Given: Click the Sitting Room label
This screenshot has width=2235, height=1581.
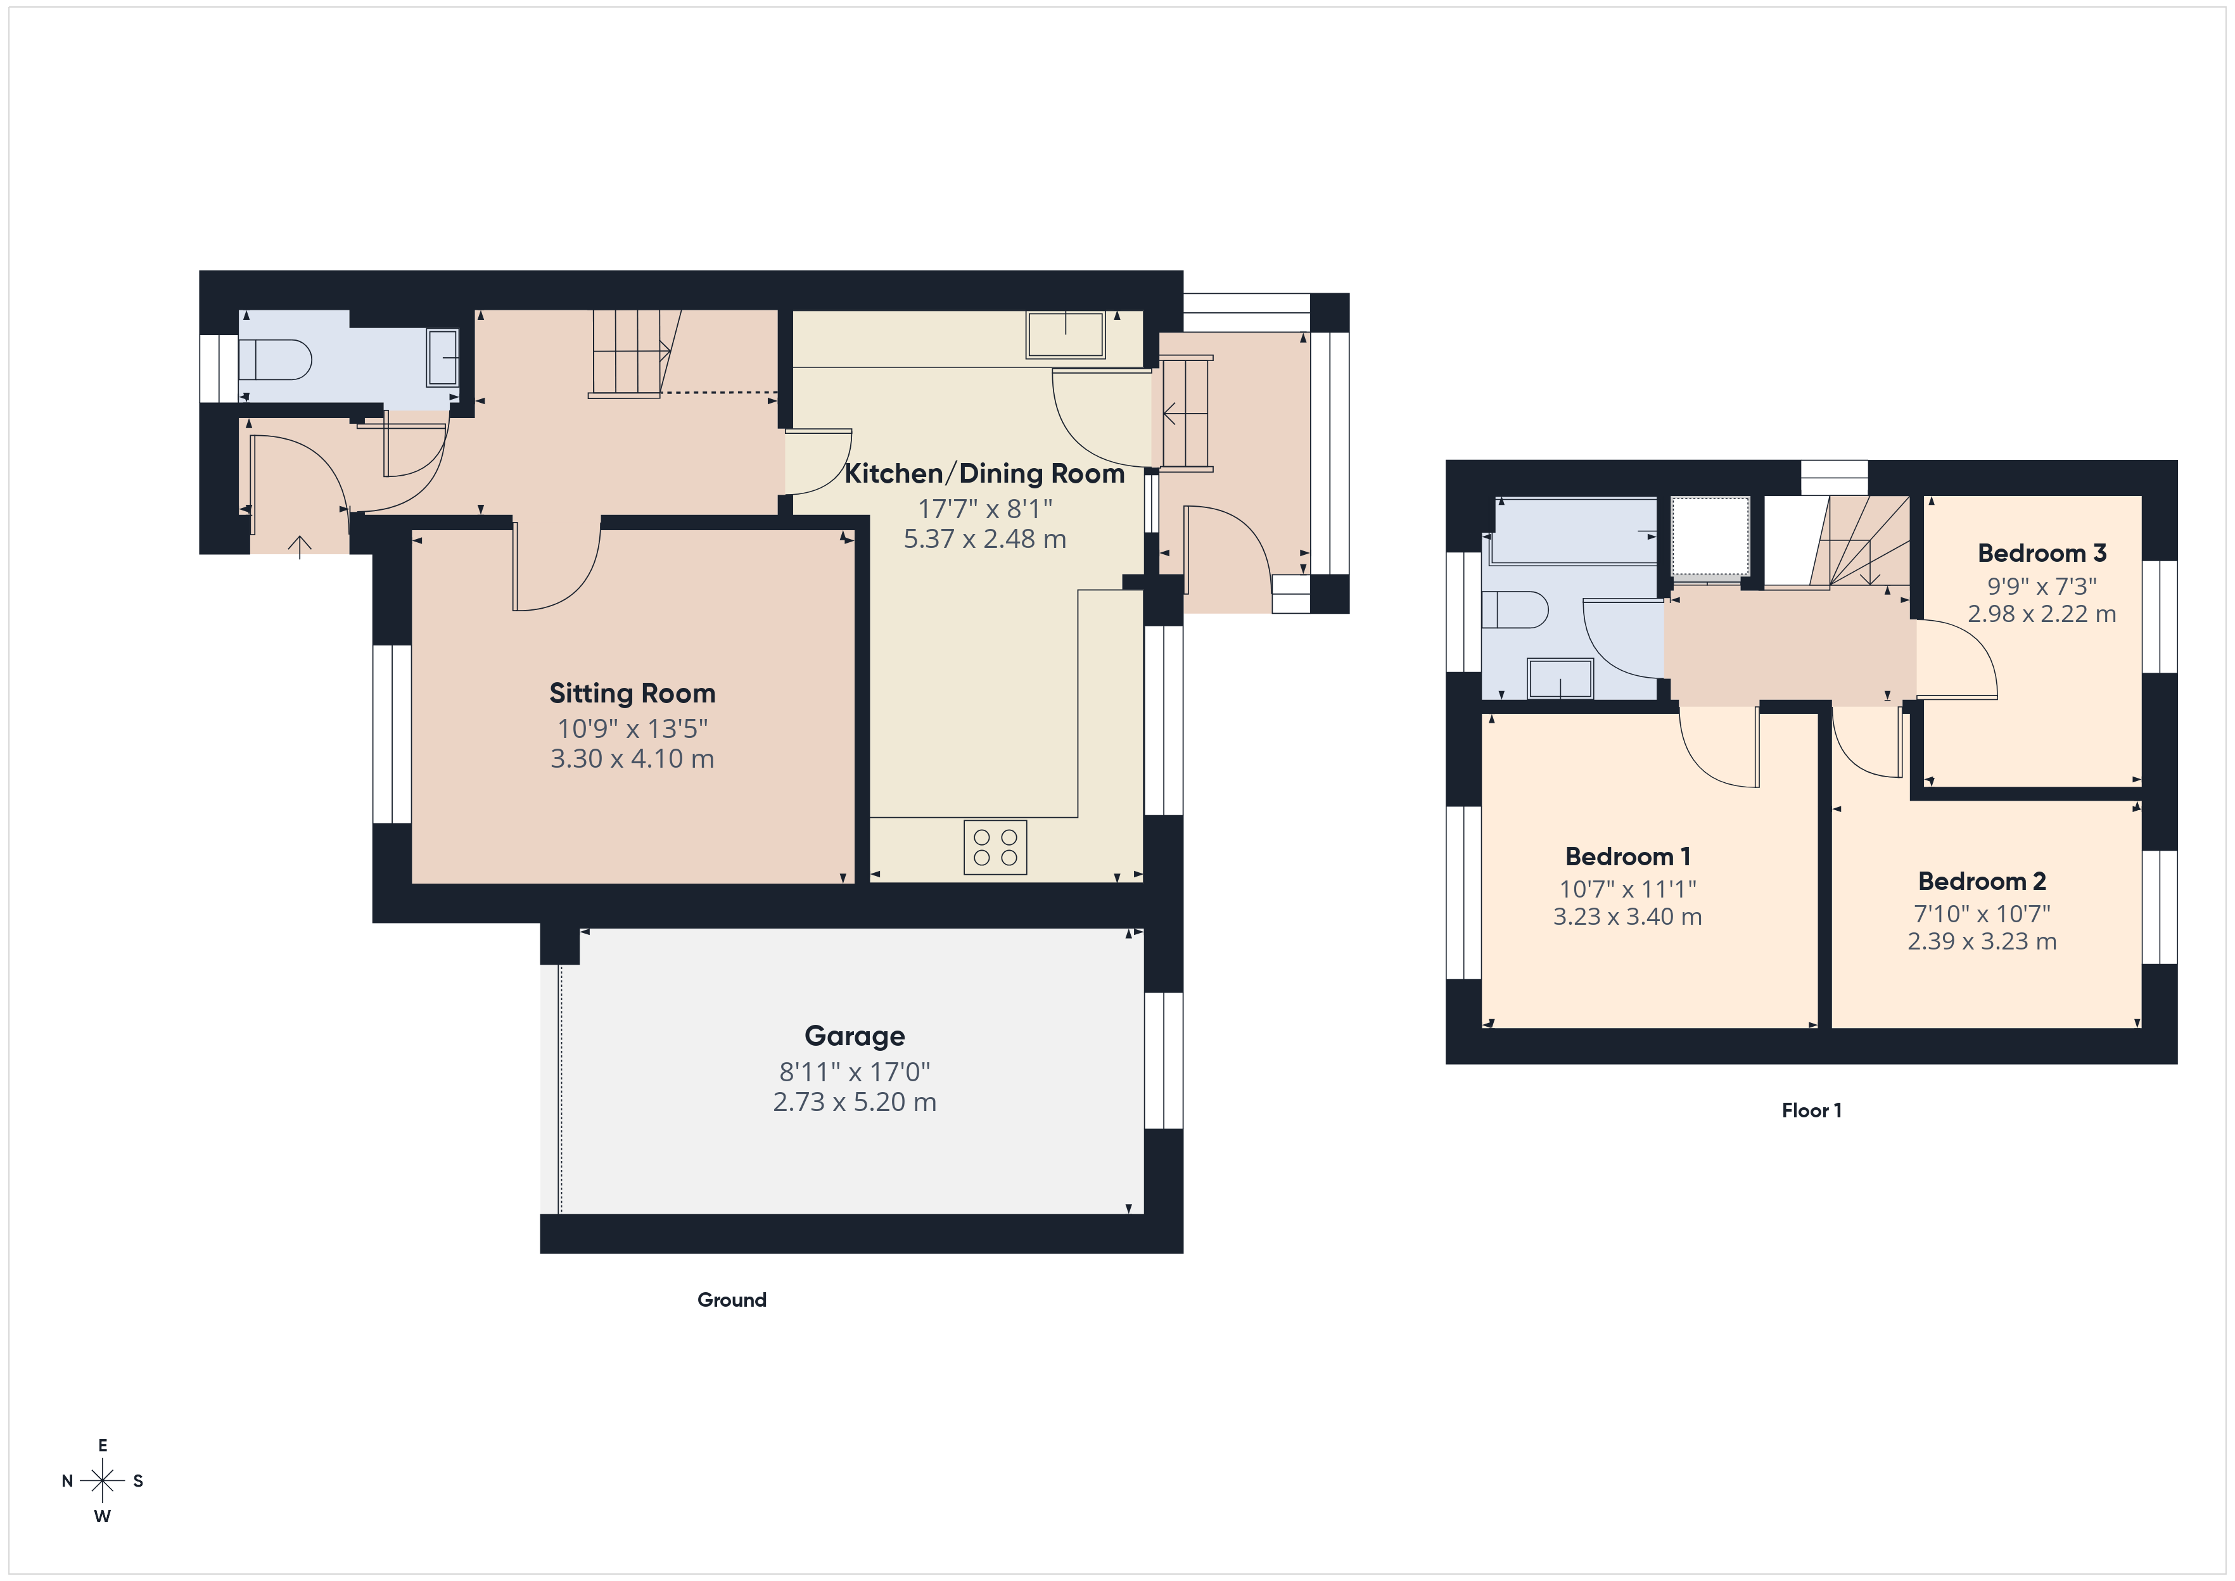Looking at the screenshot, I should pyautogui.click(x=632, y=693).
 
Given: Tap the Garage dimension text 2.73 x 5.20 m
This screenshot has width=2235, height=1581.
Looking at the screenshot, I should pyautogui.click(x=854, y=1102).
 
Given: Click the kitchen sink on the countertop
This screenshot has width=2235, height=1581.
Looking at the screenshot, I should pyautogui.click(x=1065, y=335).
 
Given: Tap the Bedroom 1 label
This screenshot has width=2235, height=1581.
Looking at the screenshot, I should pyautogui.click(x=1627, y=857).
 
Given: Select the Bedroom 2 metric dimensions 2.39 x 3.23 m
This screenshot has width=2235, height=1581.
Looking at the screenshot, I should pyautogui.click(x=1981, y=941).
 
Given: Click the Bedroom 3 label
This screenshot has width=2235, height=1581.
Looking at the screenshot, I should pyautogui.click(x=2041, y=553).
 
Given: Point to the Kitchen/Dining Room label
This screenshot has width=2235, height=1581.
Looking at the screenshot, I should pyautogui.click(x=983, y=474).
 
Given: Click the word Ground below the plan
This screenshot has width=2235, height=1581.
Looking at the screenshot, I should pyautogui.click(x=731, y=1300).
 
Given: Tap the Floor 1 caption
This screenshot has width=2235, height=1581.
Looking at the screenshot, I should pyautogui.click(x=1811, y=1111).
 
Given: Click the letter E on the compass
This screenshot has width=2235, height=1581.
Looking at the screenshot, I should pyautogui.click(x=102, y=1445).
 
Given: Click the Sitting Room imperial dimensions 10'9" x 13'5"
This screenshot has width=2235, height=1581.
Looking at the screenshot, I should pyautogui.click(x=632, y=728).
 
